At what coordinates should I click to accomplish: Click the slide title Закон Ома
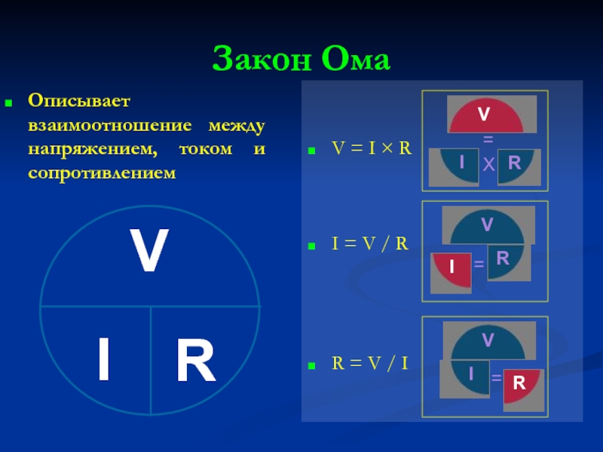pyautogui.click(x=301, y=59)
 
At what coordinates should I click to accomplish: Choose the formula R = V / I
pyautogui.click(x=370, y=364)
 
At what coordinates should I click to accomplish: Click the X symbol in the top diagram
pyautogui.click(x=488, y=165)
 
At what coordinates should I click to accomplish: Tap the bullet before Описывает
pyautogui.click(x=10, y=101)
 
